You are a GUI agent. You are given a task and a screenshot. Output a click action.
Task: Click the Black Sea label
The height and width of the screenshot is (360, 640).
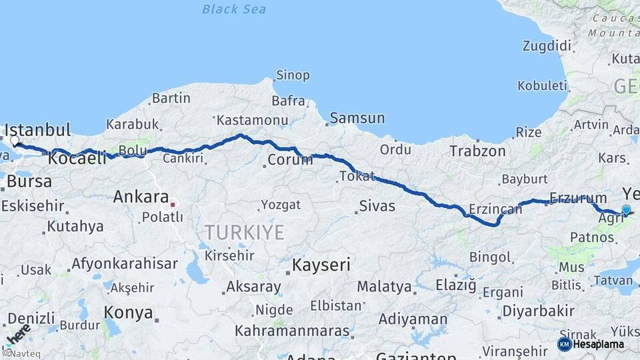tap(234, 9)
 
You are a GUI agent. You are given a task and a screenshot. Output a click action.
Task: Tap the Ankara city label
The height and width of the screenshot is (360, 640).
tap(141, 197)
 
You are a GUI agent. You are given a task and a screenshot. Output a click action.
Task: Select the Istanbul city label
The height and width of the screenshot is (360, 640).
tap(37, 129)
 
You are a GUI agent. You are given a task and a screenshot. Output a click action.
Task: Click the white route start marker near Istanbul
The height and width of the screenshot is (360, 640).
tap(15, 141)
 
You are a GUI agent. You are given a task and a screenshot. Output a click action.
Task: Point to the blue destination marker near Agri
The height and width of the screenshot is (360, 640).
tap(626, 210)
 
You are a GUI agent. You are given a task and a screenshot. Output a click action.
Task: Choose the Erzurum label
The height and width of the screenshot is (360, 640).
tap(578, 198)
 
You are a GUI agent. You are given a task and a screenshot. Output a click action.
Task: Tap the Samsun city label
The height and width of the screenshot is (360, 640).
tap(357, 119)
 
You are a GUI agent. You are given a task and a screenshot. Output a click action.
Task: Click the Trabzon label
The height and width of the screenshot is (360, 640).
tap(477, 151)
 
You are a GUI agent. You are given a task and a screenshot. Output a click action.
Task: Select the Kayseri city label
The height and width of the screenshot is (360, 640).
tap(321, 265)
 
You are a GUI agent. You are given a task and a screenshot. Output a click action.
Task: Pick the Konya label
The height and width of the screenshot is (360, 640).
tap(129, 312)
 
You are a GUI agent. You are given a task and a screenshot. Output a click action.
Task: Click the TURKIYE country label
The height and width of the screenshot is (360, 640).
tap(244, 232)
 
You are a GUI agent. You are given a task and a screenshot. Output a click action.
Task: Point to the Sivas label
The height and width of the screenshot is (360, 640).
tap(377, 206)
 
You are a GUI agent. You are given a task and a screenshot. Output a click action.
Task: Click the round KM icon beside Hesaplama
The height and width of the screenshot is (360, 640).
tap(564, 344)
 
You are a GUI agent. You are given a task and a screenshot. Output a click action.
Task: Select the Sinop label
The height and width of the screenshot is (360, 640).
tap(293, 75)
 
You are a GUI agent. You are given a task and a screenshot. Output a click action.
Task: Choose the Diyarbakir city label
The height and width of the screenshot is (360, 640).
tap(538, 311)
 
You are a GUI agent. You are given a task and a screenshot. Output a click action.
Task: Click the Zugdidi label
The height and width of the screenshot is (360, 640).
tap(547, 46)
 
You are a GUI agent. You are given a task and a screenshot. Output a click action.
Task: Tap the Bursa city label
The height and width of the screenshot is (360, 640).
tap(29, 181)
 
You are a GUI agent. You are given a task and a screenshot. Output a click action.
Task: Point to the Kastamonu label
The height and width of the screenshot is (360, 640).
tap(252, 121)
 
